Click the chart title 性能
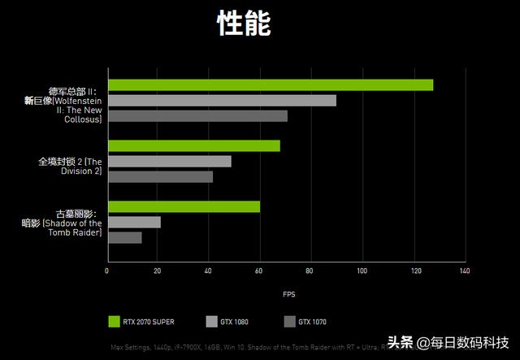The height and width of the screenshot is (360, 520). click(x=244, y=24)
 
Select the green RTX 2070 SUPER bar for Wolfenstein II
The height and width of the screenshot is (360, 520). click(x=270, y=85)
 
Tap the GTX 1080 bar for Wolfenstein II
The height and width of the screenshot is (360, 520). click(x=221, y=101)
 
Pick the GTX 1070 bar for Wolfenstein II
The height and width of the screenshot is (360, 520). click(x=197, y=116)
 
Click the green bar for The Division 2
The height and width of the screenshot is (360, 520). click(x=193, y=146)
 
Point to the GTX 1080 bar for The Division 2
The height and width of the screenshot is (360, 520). click(x=169, y=162)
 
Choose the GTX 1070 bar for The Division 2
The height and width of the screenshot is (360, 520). click(x=160, y=177)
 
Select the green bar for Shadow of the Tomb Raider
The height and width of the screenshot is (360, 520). click(x=184, y=207)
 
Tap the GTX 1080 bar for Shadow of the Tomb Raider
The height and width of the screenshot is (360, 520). click(x=134, y=222)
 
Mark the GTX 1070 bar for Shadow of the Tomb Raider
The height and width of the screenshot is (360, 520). click(x=124, y=237)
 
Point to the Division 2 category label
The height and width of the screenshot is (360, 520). click(x=70, y=167)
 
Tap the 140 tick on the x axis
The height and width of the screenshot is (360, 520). click(x=464, y=271)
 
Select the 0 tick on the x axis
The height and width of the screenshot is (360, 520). click(x=107, y=271)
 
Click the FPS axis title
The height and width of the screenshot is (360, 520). click(x=289, y=293)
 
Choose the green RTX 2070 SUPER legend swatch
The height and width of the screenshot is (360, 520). click(x=115, y=322)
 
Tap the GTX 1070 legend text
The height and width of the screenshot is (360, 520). click(x=312, y=322)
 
